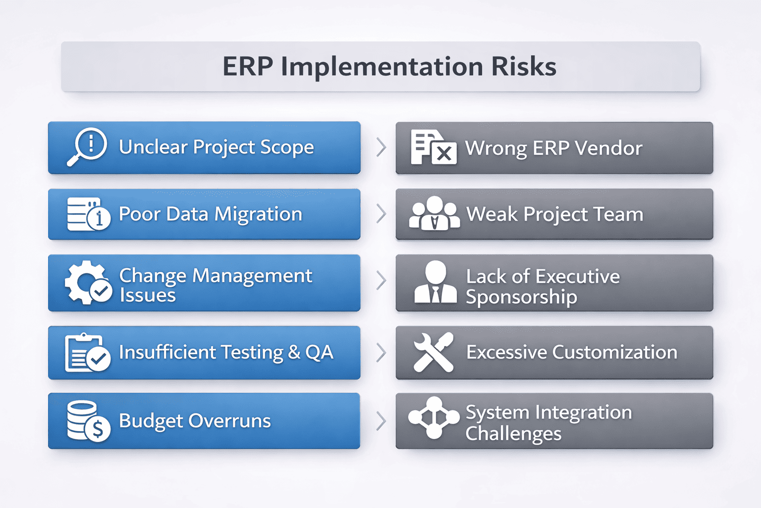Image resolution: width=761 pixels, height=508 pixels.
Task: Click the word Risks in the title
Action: click(x=524, y=66)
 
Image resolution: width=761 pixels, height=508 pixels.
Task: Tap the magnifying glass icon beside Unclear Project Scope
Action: click(x=87, y=147)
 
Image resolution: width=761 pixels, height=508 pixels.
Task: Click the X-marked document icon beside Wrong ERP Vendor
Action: click(x=433, y=147)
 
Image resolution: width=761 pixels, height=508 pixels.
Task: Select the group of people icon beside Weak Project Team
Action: click(x=435, y=214)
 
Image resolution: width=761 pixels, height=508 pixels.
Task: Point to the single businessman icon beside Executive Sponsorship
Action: click(x=435, y=282)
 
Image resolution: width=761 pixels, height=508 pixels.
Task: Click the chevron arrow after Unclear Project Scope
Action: click(x=381, y=147)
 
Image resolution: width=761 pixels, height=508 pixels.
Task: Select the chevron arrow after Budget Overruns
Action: click(x=381, y=421)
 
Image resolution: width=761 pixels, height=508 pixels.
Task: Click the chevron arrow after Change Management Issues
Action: click(x=381, y=280)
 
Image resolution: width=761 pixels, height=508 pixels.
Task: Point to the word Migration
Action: click(x=258, y=214)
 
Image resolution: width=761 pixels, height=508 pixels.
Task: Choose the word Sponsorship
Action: click(x=521, y=297)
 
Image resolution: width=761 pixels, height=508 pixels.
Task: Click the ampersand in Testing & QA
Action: click(x=294, y=352)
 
